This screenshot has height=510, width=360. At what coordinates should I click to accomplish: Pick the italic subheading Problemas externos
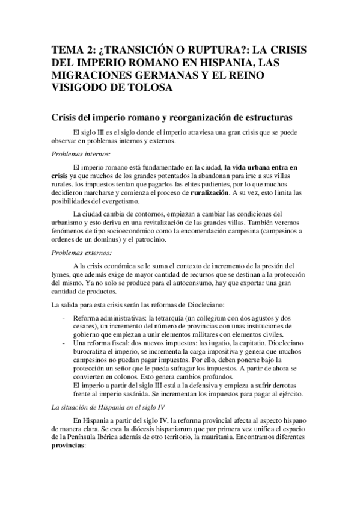pyautogui.click(x=78, y=252)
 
